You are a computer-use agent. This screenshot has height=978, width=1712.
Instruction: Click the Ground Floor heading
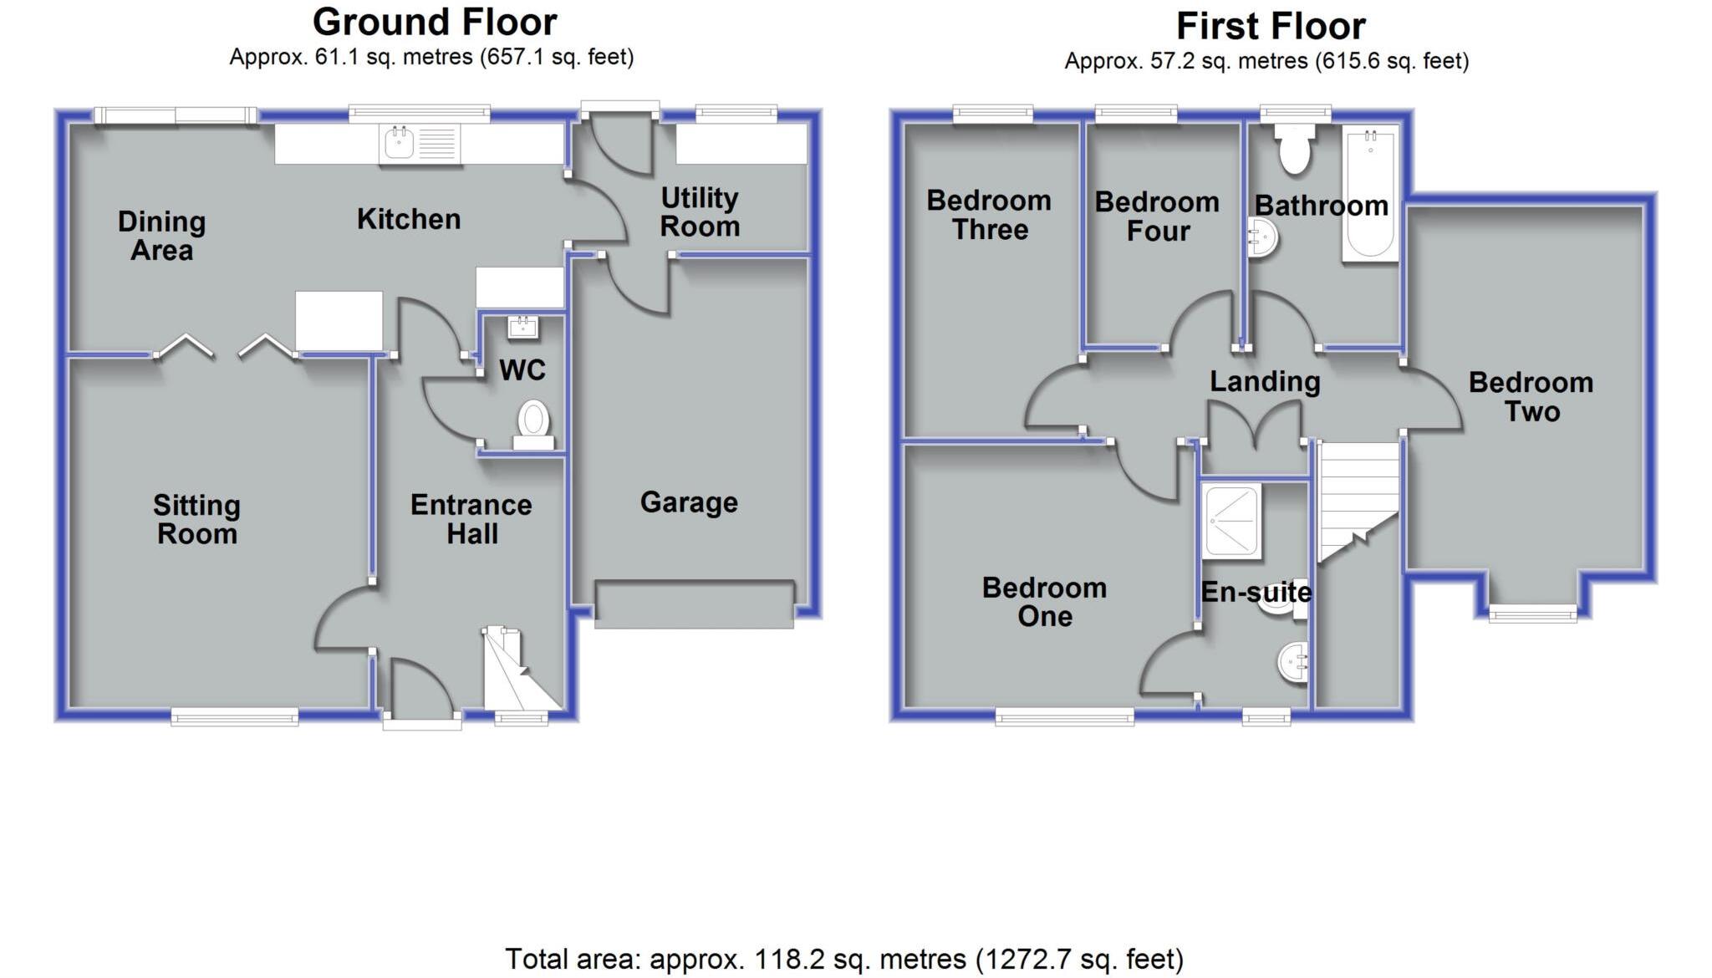434,23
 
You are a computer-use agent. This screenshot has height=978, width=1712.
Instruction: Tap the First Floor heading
1270,27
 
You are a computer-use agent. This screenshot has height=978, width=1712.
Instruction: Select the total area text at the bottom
843,959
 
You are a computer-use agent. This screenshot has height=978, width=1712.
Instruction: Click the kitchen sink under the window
420,145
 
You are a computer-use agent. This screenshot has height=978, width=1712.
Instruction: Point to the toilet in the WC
532,420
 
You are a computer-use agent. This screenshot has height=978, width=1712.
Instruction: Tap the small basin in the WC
523,327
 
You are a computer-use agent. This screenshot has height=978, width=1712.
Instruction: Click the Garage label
689,502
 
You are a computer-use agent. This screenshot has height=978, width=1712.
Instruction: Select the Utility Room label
700,212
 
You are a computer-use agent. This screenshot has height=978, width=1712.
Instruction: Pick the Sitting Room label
196,519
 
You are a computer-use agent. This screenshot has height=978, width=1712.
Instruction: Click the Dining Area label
161,236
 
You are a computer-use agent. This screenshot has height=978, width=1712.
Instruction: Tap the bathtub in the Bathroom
1369,195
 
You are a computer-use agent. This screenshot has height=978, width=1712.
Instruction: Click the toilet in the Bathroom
1294,150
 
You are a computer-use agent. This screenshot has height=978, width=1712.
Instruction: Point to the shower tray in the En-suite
1230,522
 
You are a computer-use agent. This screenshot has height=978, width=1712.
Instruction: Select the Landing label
1265,382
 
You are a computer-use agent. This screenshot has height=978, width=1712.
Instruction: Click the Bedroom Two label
1531,397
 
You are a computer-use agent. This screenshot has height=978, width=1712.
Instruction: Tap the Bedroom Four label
1157,216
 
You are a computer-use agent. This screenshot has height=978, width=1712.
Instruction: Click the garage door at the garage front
694,604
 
